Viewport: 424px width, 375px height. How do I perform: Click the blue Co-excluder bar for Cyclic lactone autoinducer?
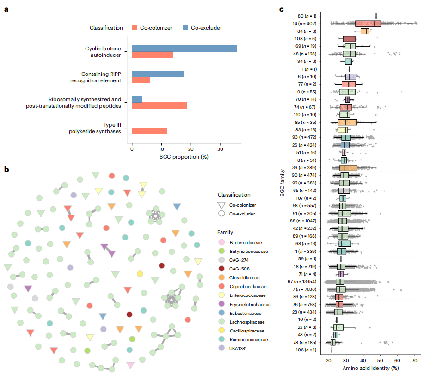(184, 49)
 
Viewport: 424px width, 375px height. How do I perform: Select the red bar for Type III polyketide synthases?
(149, 131)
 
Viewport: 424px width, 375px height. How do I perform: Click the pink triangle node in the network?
(131, 365)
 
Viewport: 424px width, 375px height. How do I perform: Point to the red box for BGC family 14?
(368, 24)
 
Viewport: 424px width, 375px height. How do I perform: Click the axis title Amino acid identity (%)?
(370, 368)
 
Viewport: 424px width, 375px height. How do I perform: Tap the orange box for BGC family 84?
(364, 31)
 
